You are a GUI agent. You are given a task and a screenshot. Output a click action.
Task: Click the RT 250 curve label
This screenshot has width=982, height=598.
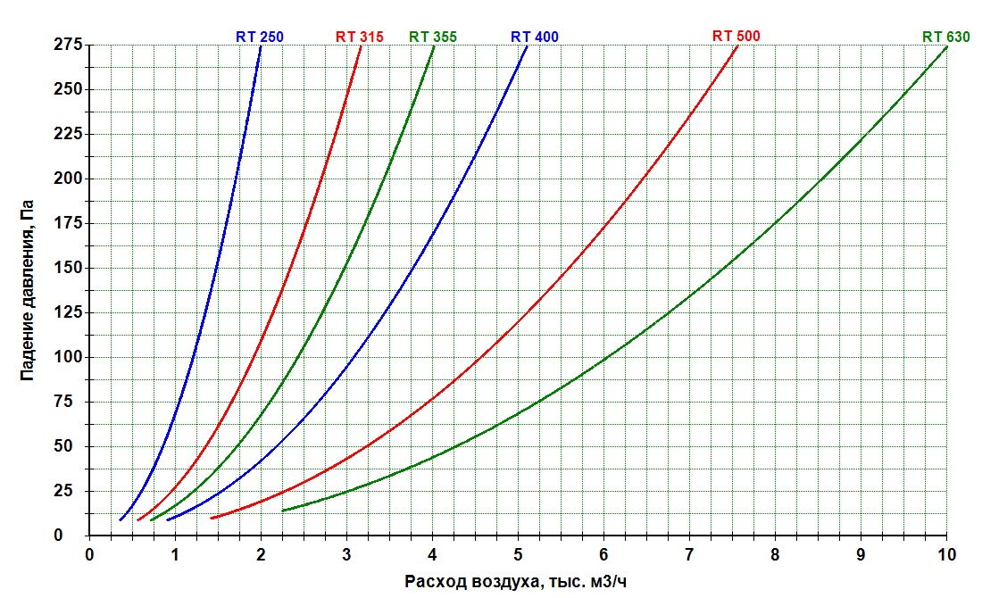(x=259, y=37)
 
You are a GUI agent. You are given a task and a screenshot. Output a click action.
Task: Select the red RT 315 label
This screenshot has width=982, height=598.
(x=360, y=37)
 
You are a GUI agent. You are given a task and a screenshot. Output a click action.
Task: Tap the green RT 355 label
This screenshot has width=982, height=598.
(x=433, y=37)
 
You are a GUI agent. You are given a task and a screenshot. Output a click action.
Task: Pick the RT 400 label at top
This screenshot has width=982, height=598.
(x=534, y=37)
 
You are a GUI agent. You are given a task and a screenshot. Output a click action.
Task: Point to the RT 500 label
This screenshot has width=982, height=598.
(x=736, y=36)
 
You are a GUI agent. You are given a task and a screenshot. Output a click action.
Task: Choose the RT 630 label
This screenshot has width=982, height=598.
(x=945, y=37)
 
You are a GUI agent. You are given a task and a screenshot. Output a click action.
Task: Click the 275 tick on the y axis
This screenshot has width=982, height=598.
(x=68, y=45)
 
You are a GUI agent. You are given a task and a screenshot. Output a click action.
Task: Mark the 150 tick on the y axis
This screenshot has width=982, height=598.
(x=68, y=268)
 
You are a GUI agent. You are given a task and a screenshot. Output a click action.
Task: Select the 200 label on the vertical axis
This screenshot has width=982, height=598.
(x=68, y=179)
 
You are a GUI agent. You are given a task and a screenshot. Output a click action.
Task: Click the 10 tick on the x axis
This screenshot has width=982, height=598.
(x=946, y=554)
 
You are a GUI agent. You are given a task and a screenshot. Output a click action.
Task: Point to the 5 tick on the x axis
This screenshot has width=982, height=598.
(x=518, y=554)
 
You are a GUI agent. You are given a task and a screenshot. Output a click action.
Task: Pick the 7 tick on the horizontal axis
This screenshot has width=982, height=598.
(x=689, y=554)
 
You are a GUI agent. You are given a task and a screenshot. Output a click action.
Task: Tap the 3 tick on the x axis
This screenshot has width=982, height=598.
(x=346, y=554)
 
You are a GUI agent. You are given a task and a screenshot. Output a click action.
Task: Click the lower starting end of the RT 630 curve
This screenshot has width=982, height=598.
(x=283, y=511)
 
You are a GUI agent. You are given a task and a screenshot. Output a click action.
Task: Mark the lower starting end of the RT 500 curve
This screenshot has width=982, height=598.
(x=212, y=518)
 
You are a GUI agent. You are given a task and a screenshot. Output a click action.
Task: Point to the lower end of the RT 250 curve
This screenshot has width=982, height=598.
(x=121, y=519)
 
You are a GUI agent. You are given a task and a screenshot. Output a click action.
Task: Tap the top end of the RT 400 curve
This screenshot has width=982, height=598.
(x=527, y=46)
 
